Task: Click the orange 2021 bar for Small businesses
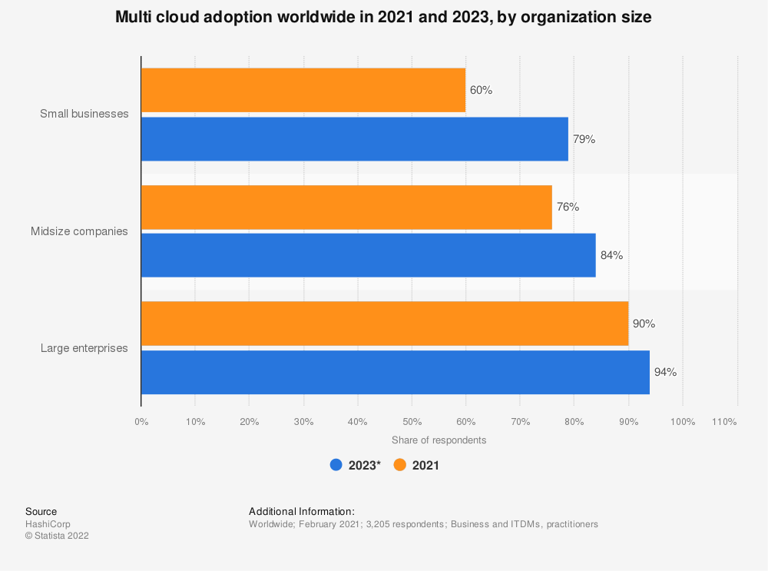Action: click(303, 90)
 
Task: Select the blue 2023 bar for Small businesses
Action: click(354, 139)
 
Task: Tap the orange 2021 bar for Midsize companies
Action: click(346, 207)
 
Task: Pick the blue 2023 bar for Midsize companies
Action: click(368, 255)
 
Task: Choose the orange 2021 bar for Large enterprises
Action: click(385, 324)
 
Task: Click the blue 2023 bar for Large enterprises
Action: click(396, 373)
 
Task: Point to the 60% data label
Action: click(481, 90)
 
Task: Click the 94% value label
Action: click(665, 373)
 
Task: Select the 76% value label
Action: click(568, 207)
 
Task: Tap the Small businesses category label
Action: click(84, 114)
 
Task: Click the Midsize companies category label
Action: click(79, 231)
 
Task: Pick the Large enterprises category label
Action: click(84, 348)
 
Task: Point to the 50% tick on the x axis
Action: click(412, 422)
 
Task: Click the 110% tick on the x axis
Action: click(724, 422)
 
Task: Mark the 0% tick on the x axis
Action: click(141, 422)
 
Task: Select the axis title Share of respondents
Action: click(439, 440)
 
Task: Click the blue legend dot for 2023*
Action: click(336, 465)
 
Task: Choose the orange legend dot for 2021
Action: click(399, 465)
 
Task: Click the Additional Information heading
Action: click(302, 511)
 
